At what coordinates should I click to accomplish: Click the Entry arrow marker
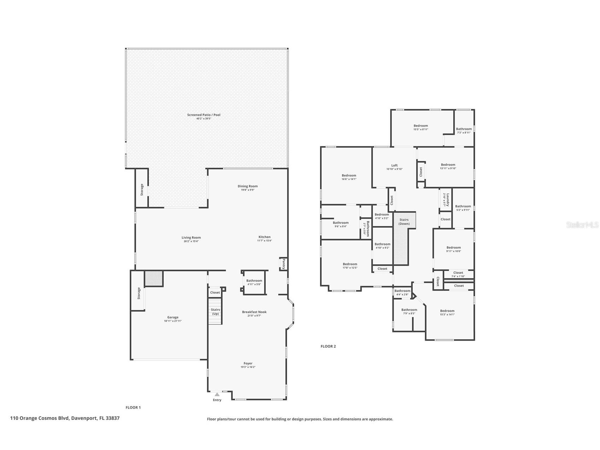(217, 394)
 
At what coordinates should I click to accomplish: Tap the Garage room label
(173, 317)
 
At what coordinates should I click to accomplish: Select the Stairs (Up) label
(215, 312)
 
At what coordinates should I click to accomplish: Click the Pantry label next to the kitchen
(283, 264)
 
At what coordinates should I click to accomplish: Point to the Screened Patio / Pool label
(204, 115)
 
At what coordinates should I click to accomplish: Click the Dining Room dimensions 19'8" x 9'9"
(247, 190)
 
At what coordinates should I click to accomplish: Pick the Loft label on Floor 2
(394, 165)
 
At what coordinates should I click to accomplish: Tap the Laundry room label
(447, 200)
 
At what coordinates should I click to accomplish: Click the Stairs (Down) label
(404, 221)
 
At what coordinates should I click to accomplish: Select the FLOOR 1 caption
(133, 408)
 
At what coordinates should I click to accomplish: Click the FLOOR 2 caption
(328, 346)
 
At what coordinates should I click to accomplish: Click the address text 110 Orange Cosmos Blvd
(65, 418)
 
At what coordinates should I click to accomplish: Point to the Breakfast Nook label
(254, 312)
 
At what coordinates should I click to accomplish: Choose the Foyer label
(248, 363)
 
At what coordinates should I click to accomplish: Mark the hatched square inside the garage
(154, 278)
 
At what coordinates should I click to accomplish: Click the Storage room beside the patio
(142, 190)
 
